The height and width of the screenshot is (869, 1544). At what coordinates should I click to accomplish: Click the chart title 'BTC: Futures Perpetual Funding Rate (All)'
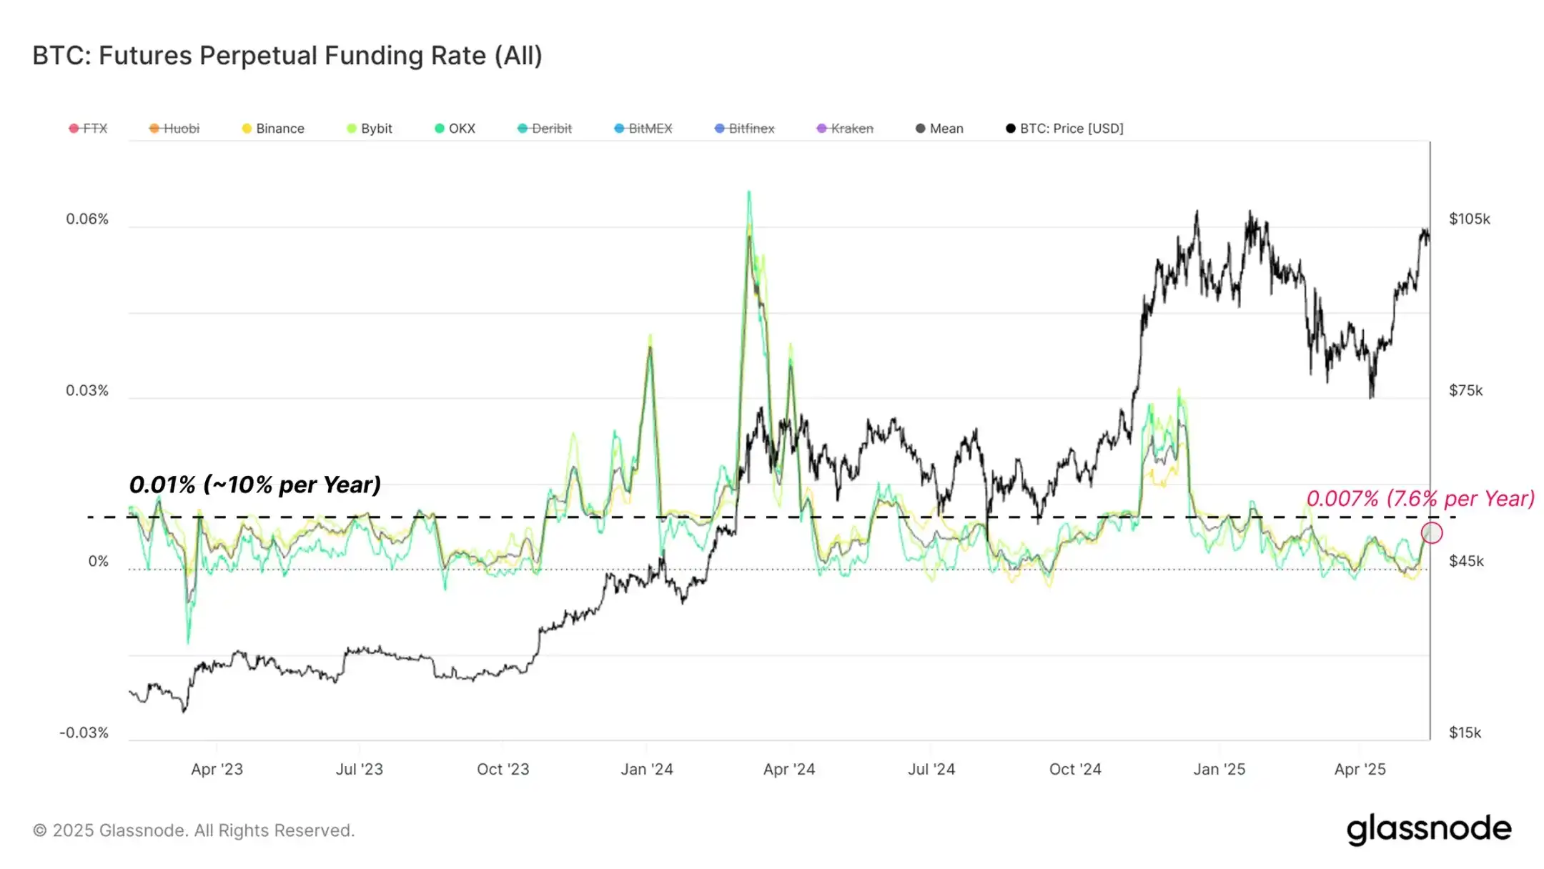tap(287, 56)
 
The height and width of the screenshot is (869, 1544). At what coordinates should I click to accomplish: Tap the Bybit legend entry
tap(370, 129)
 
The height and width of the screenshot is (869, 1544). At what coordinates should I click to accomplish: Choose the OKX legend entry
tap(455, 129)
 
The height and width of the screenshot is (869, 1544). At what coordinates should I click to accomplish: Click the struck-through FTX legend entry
tap(89, 129)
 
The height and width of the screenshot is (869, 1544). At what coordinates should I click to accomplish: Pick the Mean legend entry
tap(940, 129)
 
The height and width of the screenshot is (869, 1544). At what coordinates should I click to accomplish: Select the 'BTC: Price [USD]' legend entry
tap(1065, 129)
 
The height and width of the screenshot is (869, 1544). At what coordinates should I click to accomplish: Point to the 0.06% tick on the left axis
tap(87, 219)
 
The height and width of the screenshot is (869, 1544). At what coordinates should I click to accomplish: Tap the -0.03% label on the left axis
tap(84, 733)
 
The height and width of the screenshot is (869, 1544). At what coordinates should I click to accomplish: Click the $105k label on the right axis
tap(1470, 219)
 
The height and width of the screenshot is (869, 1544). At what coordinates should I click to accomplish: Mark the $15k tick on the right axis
tap(1465, 733)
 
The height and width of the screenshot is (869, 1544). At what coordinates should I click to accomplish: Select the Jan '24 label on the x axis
tap(647, 770)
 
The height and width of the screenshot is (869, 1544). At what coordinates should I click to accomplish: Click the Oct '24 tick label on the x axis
tap(1075, 770)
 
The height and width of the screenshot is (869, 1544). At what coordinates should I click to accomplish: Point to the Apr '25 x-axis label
tap(1360, 770)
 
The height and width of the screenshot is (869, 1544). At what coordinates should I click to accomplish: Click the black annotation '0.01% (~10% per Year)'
tap(254, 485)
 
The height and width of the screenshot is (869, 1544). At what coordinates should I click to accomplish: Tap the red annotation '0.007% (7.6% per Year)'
tap(1420, 498)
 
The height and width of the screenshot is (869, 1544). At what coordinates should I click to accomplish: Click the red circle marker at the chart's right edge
tap(1432, 532)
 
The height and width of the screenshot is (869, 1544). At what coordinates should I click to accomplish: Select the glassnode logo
tap(1429, 829)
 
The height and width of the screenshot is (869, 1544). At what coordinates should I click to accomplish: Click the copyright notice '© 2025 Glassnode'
tap(194, 830)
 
